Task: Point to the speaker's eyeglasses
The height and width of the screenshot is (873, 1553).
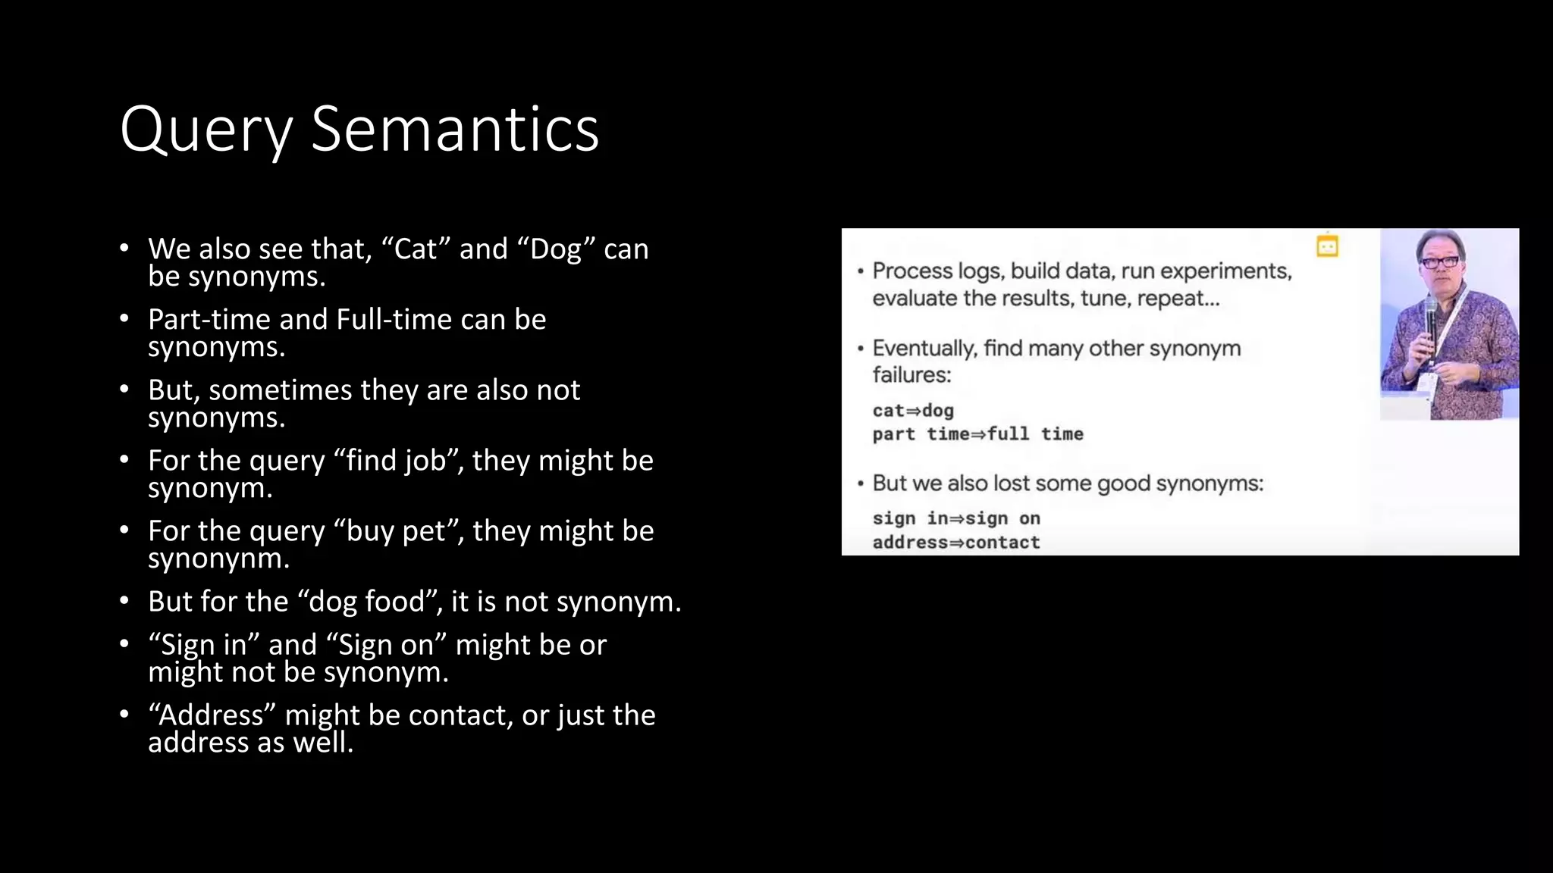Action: point(1440,261)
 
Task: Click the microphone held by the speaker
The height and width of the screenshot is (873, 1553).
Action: point(1430,318)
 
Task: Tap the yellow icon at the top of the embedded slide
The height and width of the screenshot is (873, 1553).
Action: point(1327,247)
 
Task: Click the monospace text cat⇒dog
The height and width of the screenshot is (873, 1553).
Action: point(913,411)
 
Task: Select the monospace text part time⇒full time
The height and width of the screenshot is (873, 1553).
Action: point(977,434)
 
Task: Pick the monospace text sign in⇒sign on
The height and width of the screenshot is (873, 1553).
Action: point(956,518)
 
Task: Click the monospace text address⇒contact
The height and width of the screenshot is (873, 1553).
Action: point(956,543)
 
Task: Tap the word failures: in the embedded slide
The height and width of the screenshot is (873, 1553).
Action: point(911,375)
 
